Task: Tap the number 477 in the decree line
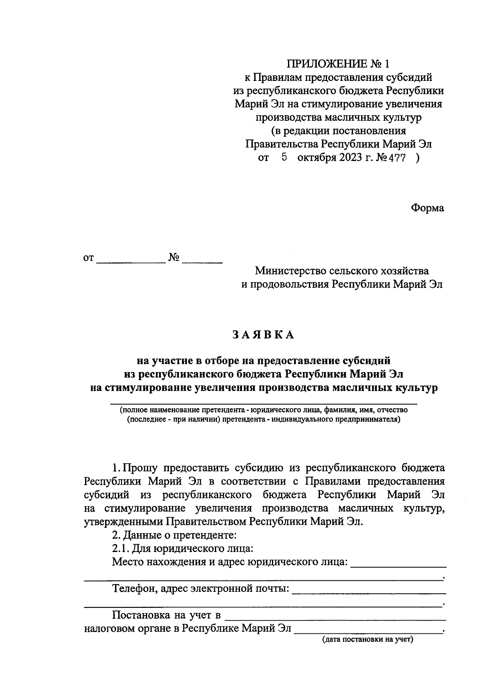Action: click(397, 158)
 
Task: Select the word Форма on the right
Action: click(427, 208)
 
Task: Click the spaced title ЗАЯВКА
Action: click(263, 335)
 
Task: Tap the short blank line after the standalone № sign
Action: click(202, 262)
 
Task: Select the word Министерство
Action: click(290, 271)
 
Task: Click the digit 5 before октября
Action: click(283, 157)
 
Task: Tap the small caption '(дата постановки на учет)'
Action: click(367, 639)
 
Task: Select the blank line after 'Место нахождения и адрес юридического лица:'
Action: click(398, 566)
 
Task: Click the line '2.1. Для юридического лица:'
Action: click(182, 549)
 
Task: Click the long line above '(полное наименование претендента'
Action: click(263, 404)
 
